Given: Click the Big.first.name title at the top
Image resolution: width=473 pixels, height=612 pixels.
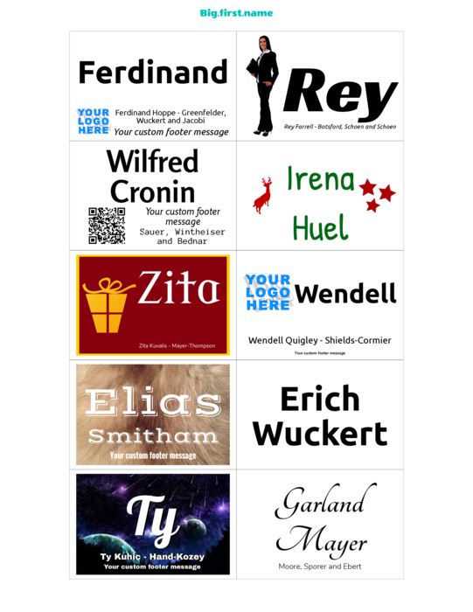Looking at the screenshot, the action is point(236,13).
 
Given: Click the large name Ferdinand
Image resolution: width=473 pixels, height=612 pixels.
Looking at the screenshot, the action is point(153,73).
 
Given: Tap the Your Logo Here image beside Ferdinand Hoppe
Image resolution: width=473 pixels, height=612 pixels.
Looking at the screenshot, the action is point(94,122).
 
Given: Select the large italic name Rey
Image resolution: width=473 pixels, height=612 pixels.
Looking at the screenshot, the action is point(340,94).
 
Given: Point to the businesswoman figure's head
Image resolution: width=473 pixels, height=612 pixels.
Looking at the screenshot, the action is point(264,43).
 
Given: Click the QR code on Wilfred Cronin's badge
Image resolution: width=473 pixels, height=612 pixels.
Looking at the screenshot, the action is point(107,226).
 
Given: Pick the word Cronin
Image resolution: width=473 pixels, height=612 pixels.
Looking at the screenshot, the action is point(153,191).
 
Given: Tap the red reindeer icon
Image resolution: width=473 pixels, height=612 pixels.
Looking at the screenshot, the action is point(263,195).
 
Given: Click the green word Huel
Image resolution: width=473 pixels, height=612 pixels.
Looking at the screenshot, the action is point(320,227).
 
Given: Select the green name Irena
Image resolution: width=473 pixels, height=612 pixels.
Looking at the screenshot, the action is point(321,178).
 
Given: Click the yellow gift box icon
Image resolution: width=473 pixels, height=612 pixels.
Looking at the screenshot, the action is point(106,306).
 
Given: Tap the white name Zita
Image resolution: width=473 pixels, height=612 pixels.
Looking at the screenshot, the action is point(178,288).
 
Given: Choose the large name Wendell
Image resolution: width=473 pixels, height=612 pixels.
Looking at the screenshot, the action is point(345,294).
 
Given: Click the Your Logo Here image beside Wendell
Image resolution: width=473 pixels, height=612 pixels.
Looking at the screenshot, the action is point(268,292).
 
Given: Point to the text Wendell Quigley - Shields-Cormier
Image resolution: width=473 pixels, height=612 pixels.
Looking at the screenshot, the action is point(320,340).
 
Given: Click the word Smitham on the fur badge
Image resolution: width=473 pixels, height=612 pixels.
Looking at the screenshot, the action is point(153,436).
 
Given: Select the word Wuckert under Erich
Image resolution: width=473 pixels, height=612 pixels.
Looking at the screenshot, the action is point(320,434).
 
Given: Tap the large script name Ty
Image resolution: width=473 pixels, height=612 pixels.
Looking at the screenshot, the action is point(153,520).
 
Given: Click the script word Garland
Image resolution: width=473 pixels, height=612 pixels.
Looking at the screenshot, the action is point(326,502).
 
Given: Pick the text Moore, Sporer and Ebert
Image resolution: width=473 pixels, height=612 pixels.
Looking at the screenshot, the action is point(320,567).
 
